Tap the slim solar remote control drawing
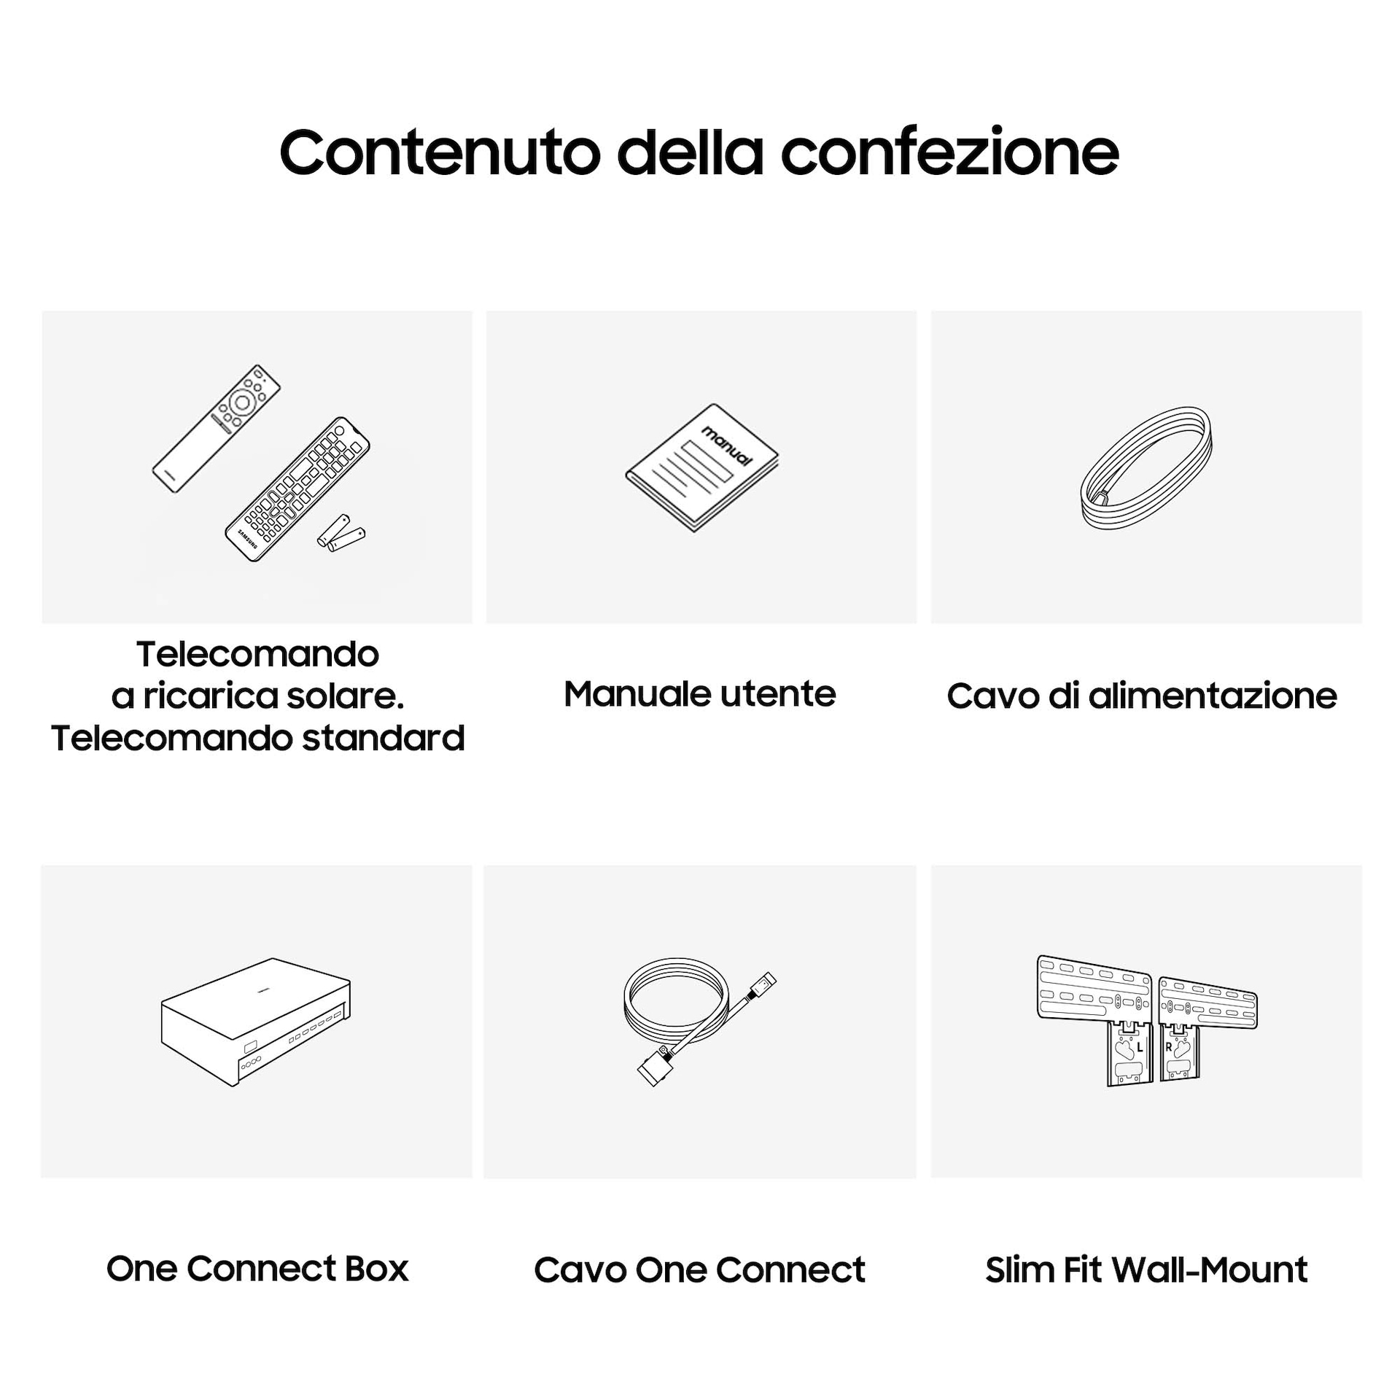tap(217, 429)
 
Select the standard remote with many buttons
tap(297, 489)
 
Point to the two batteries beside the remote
tap(341, 533)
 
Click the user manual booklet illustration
tap(702, 467)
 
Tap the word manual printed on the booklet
tap(726, 446)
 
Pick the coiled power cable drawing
tap(1146, 467)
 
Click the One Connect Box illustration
tap(256, 1022)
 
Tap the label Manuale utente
tap(700, 693)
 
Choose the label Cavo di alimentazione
tap(1142, 696)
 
